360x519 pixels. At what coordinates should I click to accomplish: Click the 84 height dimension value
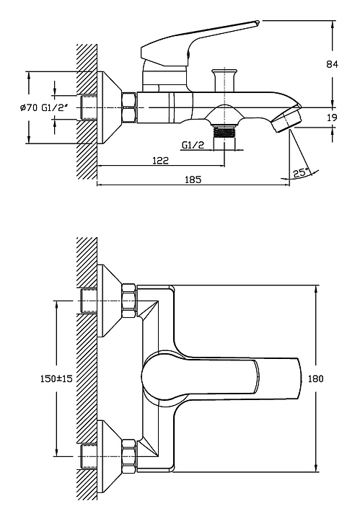[x=332, y=64]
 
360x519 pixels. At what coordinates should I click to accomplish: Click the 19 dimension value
[x=332, y=117]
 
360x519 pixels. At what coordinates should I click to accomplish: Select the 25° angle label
[x=301, y=173]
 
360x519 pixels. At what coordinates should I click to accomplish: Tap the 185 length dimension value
[x=193, y=179]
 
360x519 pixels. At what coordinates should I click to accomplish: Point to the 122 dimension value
[x=160, y=161]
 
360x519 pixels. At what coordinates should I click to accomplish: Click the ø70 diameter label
[x=28, y=108]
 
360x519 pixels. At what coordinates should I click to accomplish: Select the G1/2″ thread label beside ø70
[x=56, y=107]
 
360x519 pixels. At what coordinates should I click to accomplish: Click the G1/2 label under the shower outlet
[x=193, y=145]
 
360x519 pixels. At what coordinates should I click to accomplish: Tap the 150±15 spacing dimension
[x=56, y=378]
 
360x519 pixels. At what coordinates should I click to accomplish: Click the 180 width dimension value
[x=315, y=378]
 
